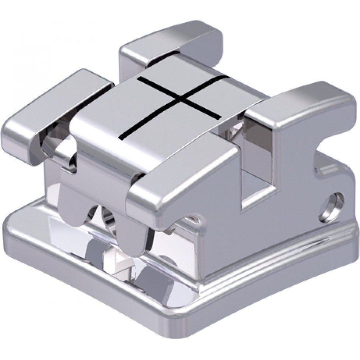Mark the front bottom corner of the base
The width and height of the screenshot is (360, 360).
pyautogui.click(x=189, y=333)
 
